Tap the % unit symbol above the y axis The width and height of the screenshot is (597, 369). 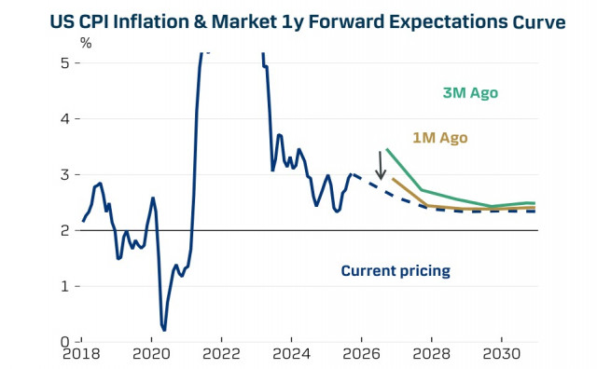pyautogui.click(x=86, y=43)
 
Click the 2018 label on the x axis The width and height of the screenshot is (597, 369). pyautogui.click(x=82, y=357)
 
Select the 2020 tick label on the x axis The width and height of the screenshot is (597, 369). pyautogui.click(x=152, y=357)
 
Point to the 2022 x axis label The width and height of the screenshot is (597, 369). pyautogui.click(x=222, y=357)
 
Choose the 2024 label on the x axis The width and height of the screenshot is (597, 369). pyautogui.click(x=291, y=357)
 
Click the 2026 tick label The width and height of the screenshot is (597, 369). pyautogui.click(x=361, y=357)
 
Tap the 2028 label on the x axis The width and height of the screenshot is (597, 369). pyautogui.click(x=431, y=357)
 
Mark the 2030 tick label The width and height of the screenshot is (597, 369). pyautogui.click(x=501, y=357)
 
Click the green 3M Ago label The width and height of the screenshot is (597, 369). pyautogui.click(x=470, y=93)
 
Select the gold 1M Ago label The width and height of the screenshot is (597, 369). pyautogui.click(x=439, y=138)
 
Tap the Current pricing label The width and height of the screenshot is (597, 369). pyautogui.click(x=396, y=271)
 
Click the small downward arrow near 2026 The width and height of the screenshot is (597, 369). pyautogui.click(x=381, y=166)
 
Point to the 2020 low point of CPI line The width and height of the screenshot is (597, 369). pyautogui.click(x=164, y=330)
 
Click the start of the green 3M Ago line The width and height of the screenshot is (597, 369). pyautogui.click(x=386, y=149)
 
